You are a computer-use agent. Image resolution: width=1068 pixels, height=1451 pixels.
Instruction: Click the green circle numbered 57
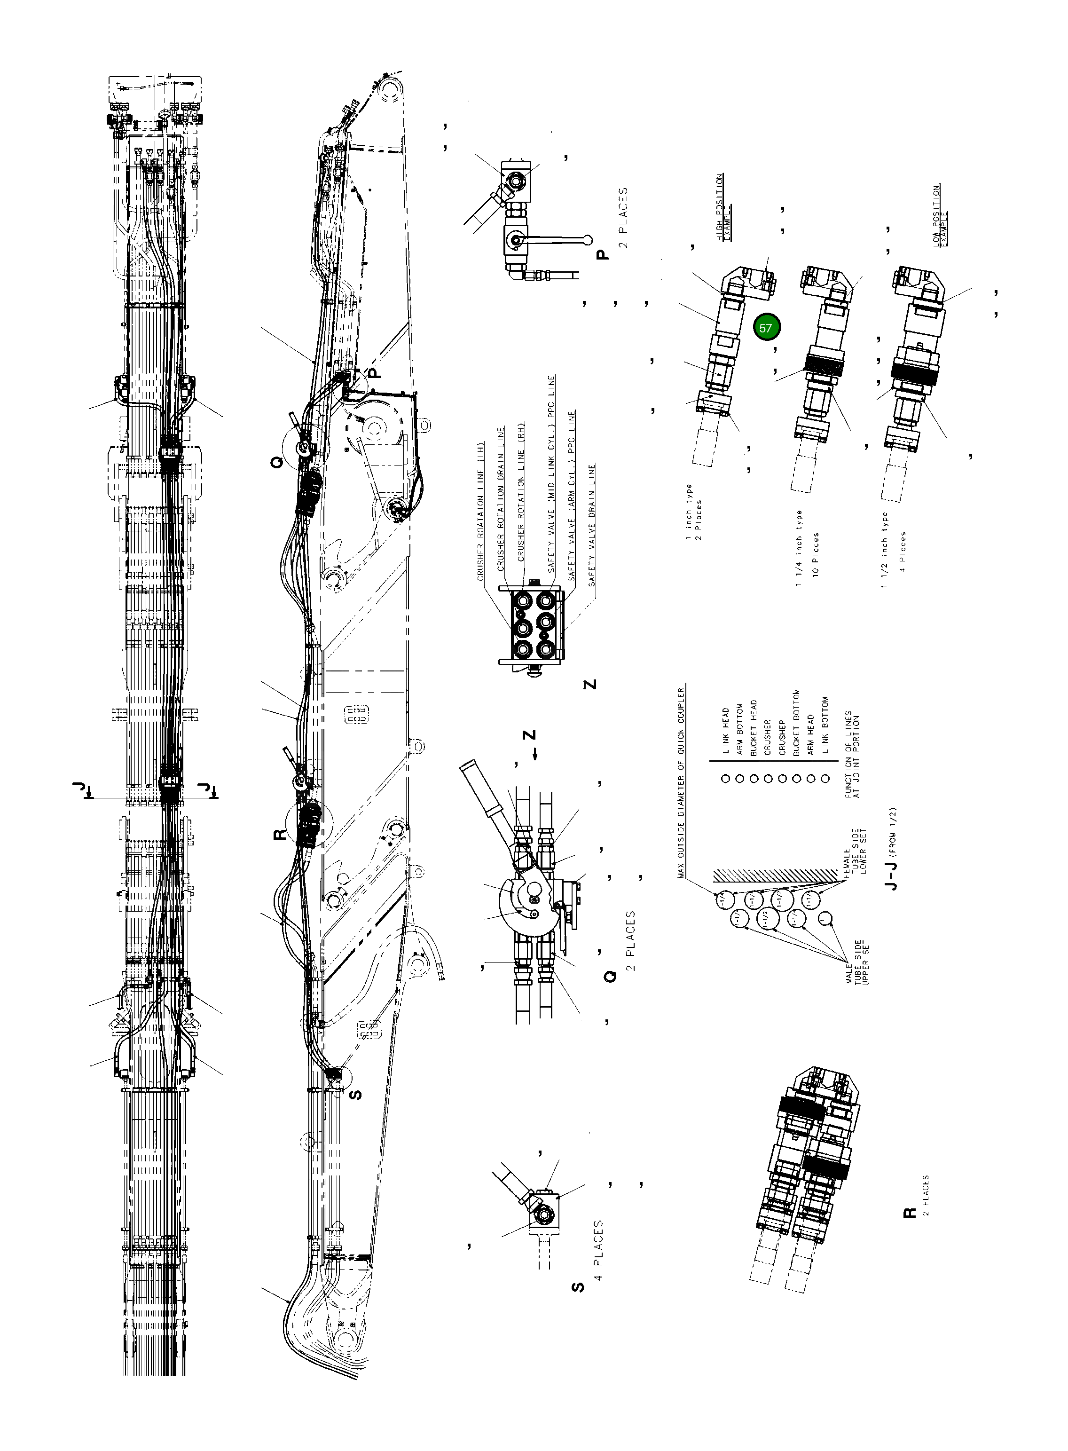[x=766, y=328]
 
